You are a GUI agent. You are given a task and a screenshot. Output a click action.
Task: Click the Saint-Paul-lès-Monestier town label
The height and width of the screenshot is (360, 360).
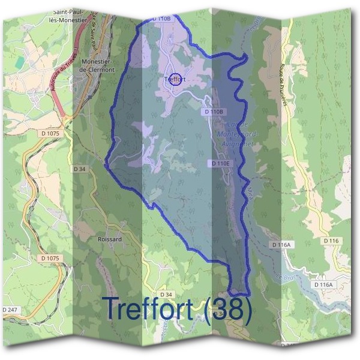click(x=71, y=15)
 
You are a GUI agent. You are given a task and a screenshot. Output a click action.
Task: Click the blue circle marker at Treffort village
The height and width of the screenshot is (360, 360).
click(x=175, y=79)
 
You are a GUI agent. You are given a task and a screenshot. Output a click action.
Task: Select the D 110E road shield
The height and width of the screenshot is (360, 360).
click(x=220, y=163)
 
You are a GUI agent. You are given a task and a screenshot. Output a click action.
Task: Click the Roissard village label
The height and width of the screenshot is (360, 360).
click(x=109, y=239)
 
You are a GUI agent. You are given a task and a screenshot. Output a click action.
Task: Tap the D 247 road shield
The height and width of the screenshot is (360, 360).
click(x=11, y=310)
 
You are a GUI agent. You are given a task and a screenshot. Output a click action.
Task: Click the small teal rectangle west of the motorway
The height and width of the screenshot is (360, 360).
click(x=20, y=62)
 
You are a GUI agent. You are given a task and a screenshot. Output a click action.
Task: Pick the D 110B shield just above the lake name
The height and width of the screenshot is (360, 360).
click(x=214, y=112)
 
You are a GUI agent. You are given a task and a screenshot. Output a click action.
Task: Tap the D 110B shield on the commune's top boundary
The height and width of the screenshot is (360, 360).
click(x=161, y=19)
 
